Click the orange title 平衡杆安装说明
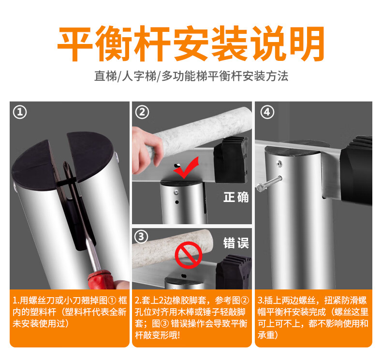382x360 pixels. coord(191,44)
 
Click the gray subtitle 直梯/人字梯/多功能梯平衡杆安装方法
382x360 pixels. coord(191,76)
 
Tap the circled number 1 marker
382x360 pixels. coord(20,112)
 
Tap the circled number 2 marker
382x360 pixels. coord(142,112)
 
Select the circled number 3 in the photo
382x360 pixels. coord(141,237)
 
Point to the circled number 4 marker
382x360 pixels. coord(267,112)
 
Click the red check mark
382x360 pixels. coord(186,168)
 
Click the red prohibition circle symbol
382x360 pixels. coord(189,255)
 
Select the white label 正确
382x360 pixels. coord(236,197)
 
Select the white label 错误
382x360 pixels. coord(236,243)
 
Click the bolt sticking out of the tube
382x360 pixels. coord(269,183)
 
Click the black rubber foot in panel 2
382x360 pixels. coord(231,159)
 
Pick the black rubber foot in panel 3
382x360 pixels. coord(234,272)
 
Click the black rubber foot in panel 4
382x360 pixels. coord(356,171)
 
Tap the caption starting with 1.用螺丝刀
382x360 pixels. coord(70,312)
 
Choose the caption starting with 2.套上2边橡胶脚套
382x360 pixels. coord(192,318)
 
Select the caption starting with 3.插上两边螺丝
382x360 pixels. coord(313,318)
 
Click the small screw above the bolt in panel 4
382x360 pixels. coord(279,163)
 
